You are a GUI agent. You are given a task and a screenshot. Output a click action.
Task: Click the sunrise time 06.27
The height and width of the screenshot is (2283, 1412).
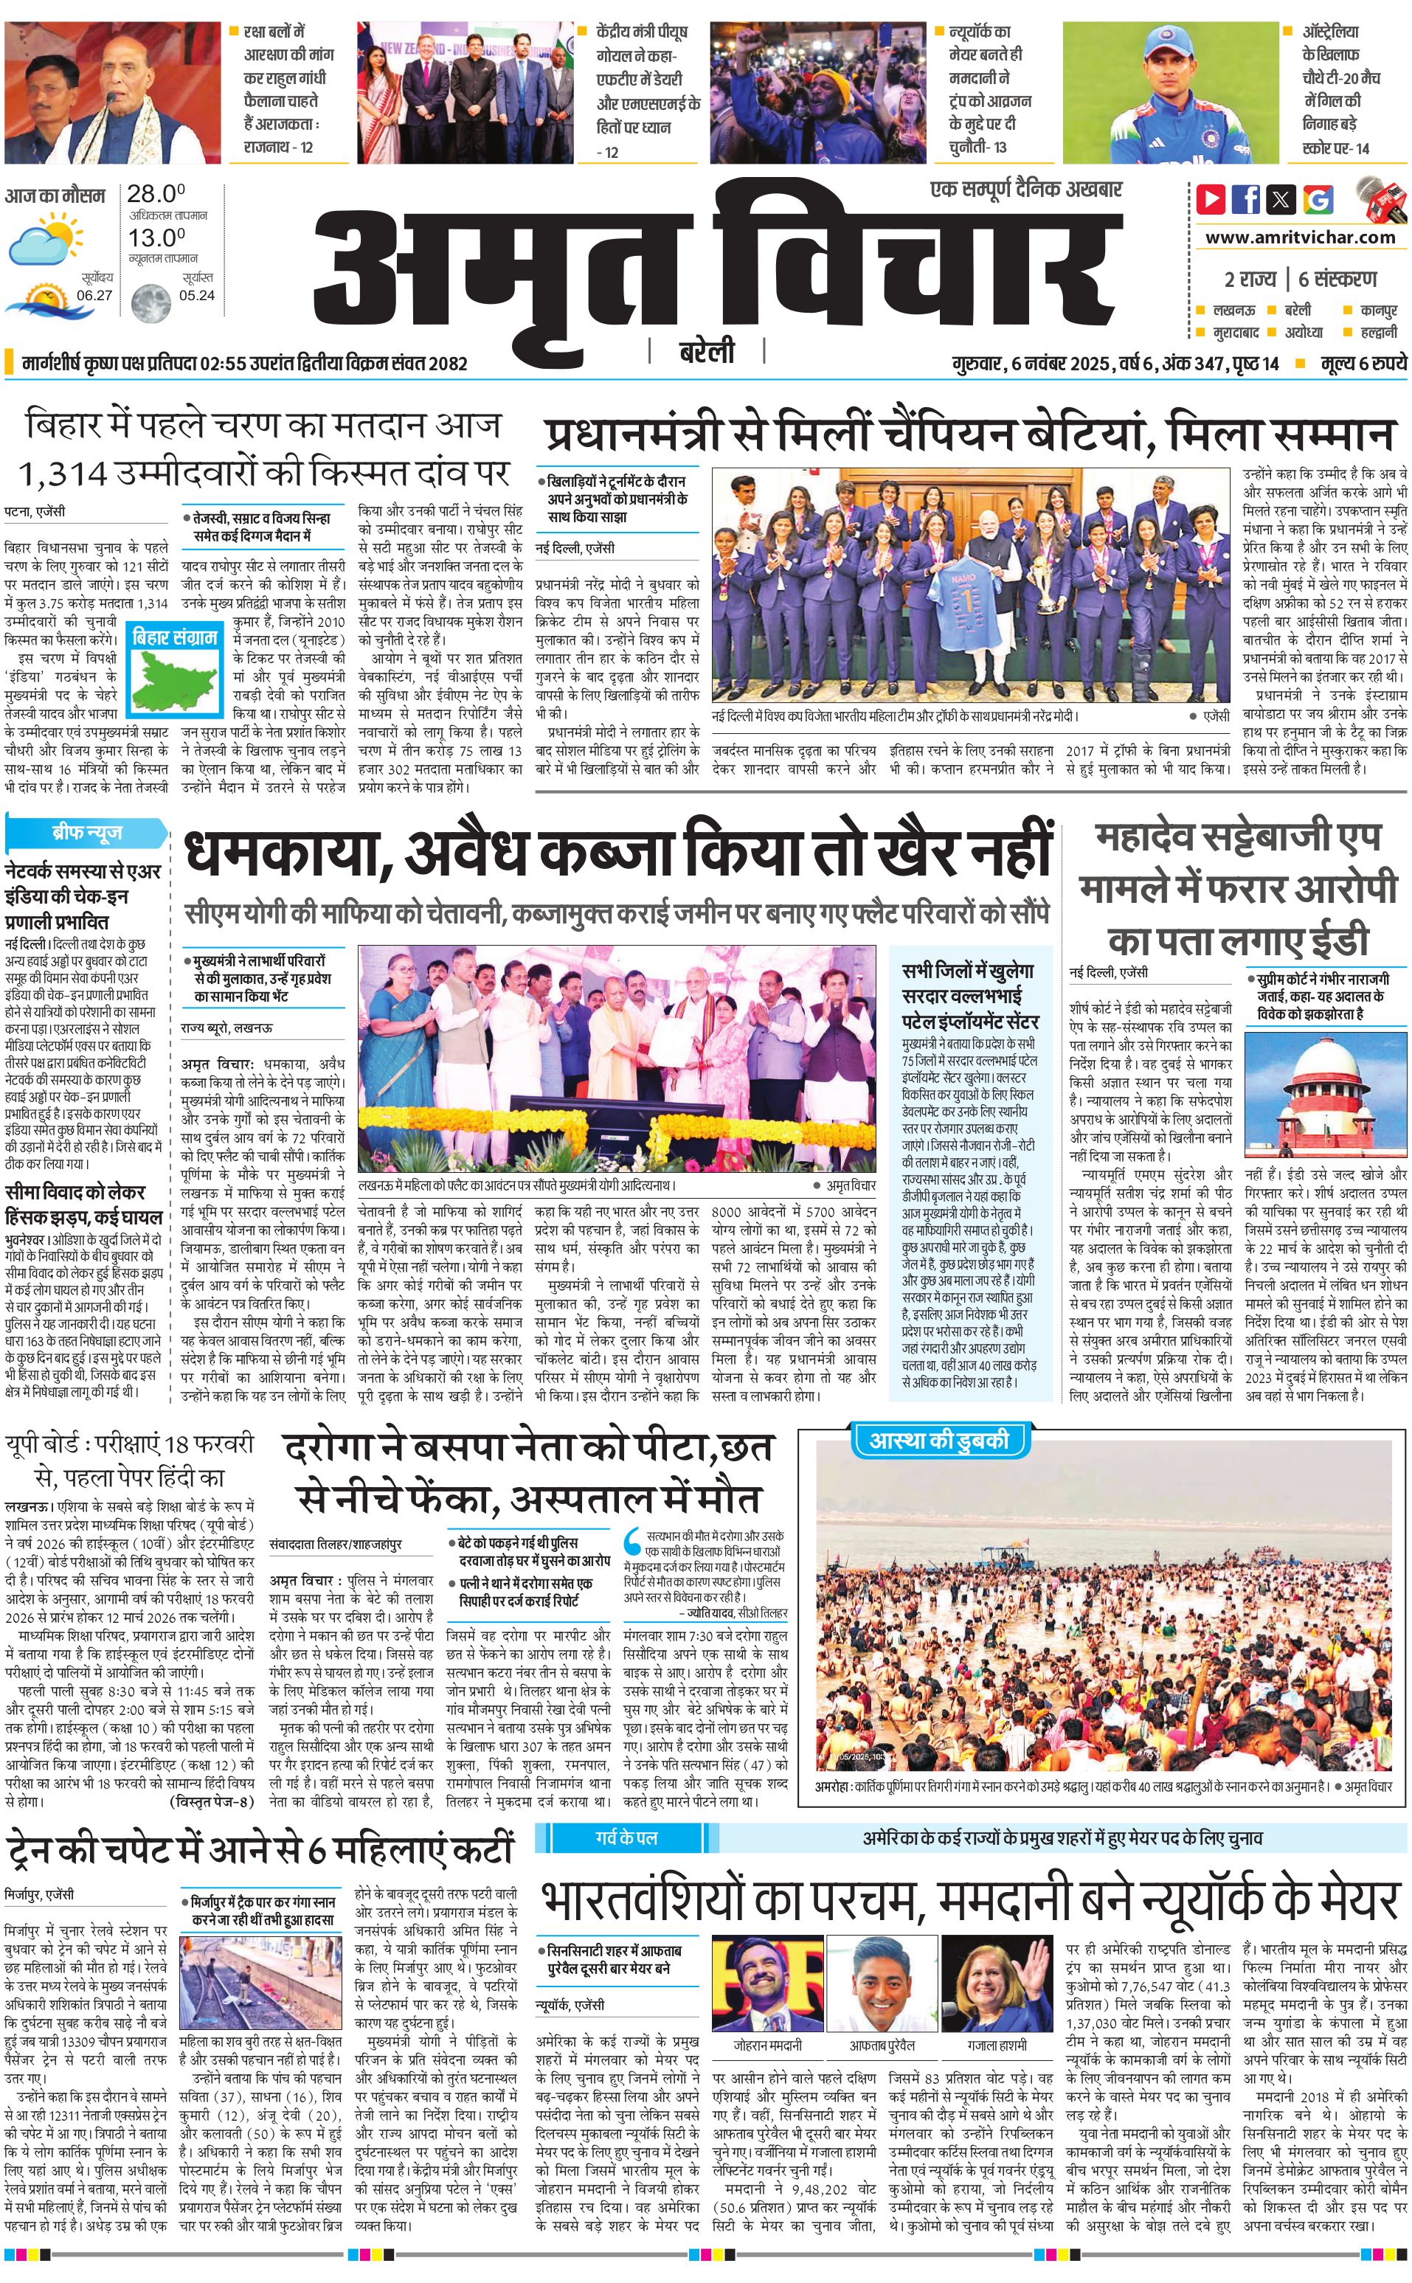tap(94, 295)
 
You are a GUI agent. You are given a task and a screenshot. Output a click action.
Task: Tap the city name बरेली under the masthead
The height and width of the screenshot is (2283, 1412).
tap(707, 351)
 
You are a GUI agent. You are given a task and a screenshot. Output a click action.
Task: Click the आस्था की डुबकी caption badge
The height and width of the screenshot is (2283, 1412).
tap(938, 1439)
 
